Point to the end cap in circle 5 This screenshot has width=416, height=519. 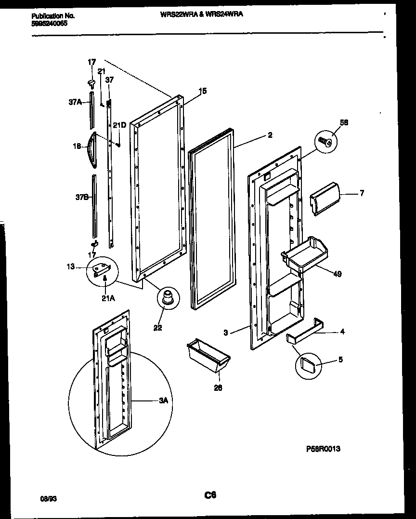point(308,364)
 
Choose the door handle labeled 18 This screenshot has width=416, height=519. point(92,149)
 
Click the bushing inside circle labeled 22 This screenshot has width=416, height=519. point(168,297)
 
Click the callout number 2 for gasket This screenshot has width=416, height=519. point(270,135)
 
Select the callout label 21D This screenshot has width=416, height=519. point(119,125)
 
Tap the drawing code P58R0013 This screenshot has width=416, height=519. point(323,449)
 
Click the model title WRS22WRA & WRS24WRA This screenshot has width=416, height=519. point(201,14)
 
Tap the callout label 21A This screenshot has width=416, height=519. point(108,298)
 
